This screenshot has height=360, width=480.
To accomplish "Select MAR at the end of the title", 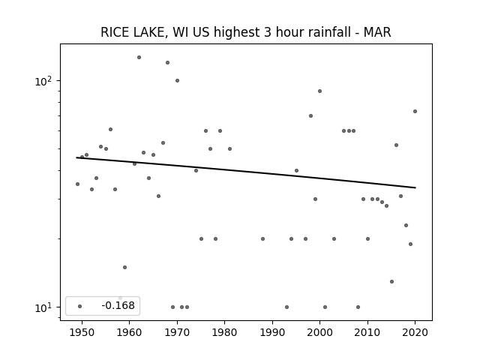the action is (x=377, y=32).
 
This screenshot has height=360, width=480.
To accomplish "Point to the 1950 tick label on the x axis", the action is (x=82, y=332).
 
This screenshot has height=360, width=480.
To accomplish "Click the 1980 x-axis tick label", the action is (x=224, y=332).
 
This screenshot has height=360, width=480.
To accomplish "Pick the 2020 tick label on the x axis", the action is (x=415, y=332).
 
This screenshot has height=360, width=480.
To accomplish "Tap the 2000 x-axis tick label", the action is (x=319, y=332).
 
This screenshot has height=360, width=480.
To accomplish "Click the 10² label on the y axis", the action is (x=43, y=81).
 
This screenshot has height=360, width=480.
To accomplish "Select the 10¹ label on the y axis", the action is (x=43, y=307).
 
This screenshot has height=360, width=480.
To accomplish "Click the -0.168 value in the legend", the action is (x=118, y=305).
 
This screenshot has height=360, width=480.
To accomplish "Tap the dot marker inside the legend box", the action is (x=80, y=306).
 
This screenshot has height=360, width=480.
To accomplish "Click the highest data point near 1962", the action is (x=139, y=57).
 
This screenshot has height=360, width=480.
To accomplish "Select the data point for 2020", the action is (x=415, y=112).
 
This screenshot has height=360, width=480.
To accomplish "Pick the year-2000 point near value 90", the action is (x=320, y=91).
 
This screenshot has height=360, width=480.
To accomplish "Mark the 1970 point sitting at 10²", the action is (x=177, y=81).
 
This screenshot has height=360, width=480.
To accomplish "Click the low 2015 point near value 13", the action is (x=391, y=282).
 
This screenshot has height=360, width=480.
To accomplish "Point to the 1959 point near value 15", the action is (x=125, y=267).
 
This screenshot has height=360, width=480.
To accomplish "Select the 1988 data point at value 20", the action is (x=262, y=238).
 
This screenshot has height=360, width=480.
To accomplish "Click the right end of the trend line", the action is (x=415, y=187).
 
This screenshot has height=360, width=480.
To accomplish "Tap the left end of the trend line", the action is (x=76, y=157).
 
